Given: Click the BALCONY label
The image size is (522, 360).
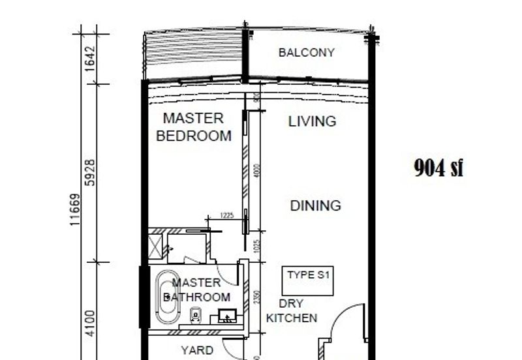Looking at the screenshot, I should [x=306, y=53].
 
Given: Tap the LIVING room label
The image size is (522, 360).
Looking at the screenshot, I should [x=313, y=121].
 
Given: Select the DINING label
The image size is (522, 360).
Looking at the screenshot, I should [x=315, y=206].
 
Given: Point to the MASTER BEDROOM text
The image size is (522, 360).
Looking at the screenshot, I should [x=194, y=127].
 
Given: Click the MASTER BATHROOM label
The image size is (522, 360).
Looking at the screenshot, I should [x=196, y=290].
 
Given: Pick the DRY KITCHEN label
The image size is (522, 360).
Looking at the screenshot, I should [x=291, y=311].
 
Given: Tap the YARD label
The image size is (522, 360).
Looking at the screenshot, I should [x=196, y=351].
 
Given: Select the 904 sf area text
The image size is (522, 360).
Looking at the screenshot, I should [x=438, y=168].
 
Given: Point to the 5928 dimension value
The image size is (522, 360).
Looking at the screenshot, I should [x=91, y=172].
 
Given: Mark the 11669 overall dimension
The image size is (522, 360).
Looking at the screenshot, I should [x=76, y=209].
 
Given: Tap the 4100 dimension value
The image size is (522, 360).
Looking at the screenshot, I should [x=91, y=323].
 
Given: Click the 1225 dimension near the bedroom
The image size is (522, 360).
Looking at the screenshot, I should [x=226, y=215].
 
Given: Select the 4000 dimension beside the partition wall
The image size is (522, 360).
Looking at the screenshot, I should [x=257, y=171].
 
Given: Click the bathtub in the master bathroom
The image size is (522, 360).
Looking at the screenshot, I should [x=168, y=297].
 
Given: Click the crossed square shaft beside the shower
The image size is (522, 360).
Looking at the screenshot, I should [x=156, y=247].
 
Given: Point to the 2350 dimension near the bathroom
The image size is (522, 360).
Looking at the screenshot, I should [x=257, y=297].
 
